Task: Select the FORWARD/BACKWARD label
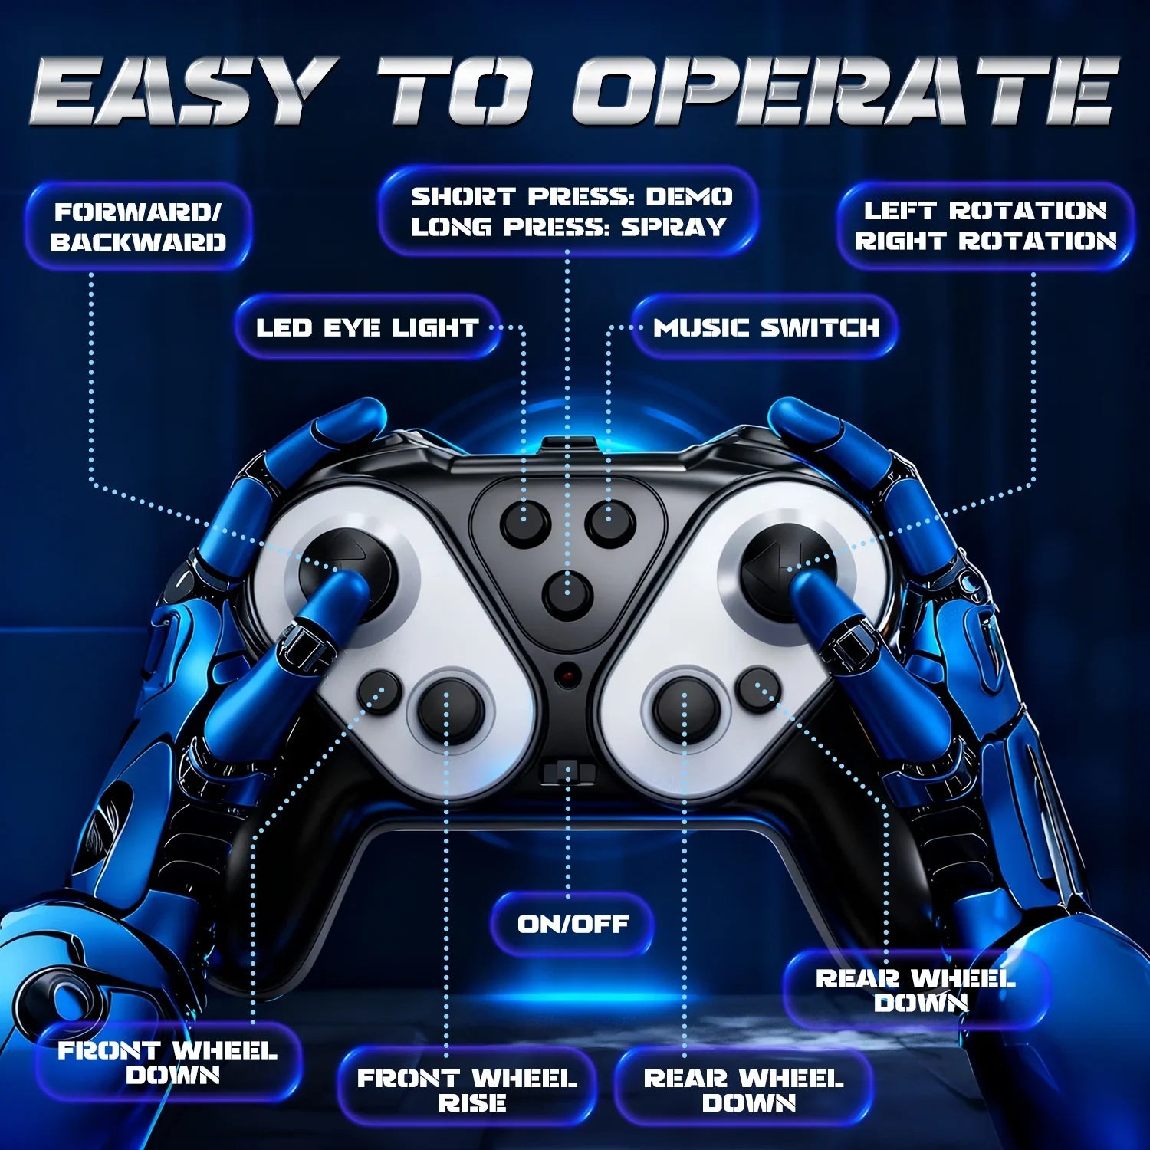[x=138, y=227]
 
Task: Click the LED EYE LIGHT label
[x=367, y=327]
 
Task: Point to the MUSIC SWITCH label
[x=766, y=327]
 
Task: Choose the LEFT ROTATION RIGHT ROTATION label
[x=986, y=226]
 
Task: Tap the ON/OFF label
[x=573, y=924]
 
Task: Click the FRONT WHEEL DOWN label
[x=168, y=1063]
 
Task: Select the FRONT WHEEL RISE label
[x=467, y=1090]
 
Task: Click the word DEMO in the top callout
[x=688, y=197]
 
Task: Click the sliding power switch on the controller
[x=567, y=770]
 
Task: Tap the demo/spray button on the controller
[x=567, y=594]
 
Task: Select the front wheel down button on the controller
[x=379, y=690]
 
